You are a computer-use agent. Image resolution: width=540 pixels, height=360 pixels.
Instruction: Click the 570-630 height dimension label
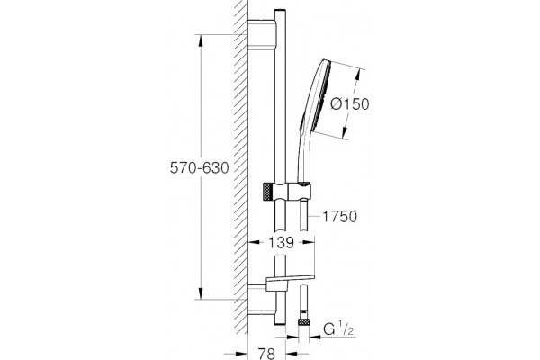tap(200, 167)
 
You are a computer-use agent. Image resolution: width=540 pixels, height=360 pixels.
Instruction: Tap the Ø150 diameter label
tap(349, 103)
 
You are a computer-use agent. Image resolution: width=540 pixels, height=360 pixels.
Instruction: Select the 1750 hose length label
tap(339, 217)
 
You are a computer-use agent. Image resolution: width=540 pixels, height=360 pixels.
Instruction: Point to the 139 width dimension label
tap(282, 243)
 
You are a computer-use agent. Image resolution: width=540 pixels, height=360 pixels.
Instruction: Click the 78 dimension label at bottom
tap(267, 354)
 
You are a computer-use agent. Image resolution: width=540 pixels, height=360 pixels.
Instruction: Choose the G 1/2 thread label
tap(338, 329)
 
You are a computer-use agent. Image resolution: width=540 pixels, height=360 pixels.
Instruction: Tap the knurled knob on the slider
tap(268, 192)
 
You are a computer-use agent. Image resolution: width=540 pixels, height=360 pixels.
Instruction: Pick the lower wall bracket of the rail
tap(261, 300)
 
